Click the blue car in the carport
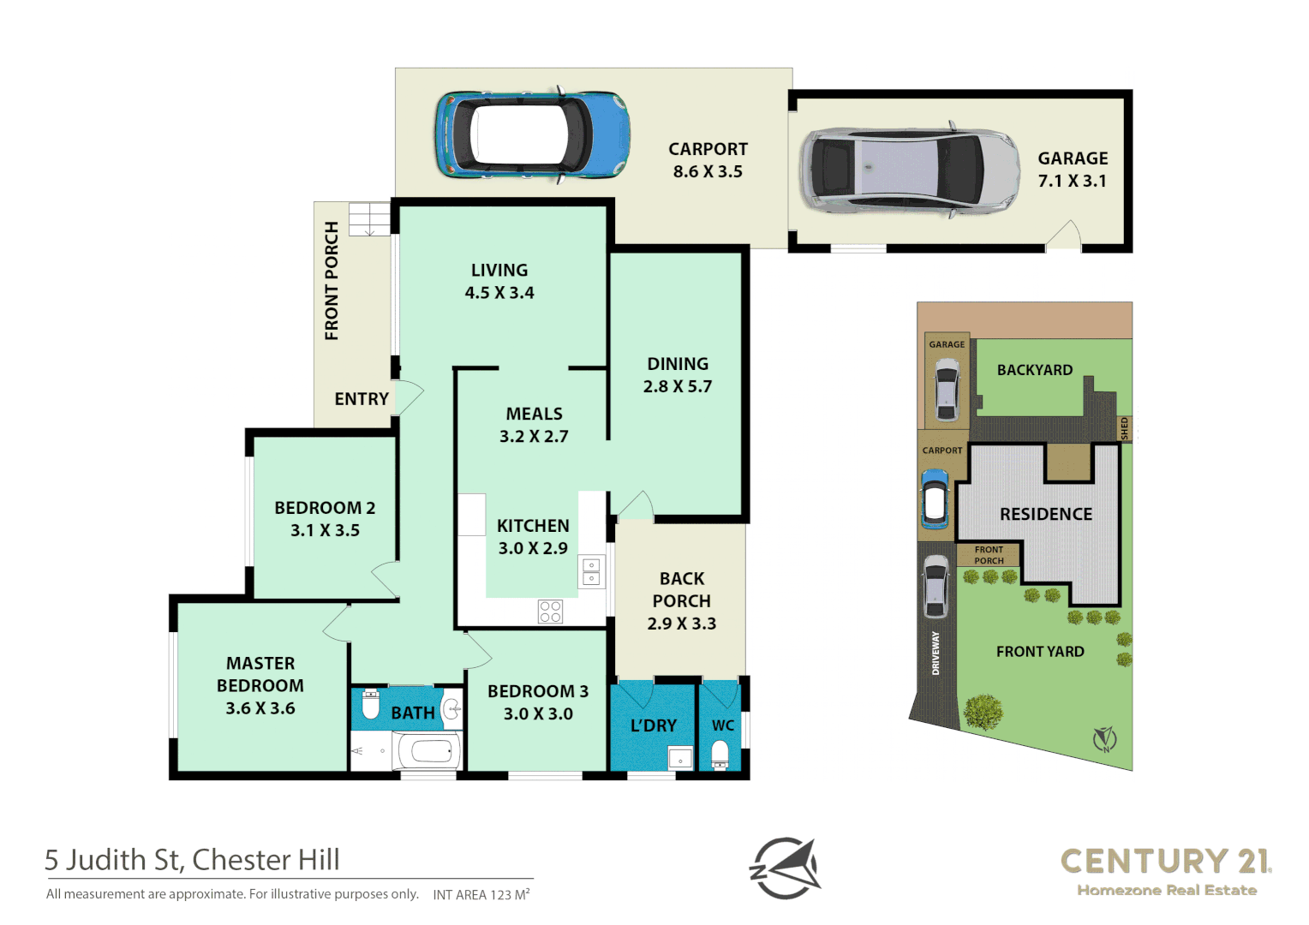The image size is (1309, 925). tap(532, 135)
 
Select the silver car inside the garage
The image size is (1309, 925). tap(909, 171)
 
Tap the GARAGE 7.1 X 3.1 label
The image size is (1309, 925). tap(1073, 170)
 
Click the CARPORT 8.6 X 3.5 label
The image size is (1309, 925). tap(708, 160)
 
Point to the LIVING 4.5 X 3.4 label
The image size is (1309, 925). tap(499, 281)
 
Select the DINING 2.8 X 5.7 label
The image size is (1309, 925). tap(678, 375)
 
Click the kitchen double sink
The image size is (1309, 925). tap(591, 571)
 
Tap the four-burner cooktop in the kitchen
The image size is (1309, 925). tap(550, 611)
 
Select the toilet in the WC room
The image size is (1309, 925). tap(720, 755)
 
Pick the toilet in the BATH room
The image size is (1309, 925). tap(371, 704)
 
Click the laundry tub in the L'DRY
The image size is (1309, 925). tap(680, 758)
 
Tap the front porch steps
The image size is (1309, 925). tap(369, 218)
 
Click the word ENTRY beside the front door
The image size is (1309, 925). tap(362, 399)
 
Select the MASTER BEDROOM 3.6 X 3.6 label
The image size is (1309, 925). tap(260, 686)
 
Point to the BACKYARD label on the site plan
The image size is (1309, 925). tap(1034, 370)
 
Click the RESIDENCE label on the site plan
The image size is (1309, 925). tap(1046, 514)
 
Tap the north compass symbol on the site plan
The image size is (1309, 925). tap(1104, 738)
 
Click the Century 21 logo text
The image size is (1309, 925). tap(1165, 862)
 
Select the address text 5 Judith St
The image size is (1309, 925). tap(192, 860)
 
